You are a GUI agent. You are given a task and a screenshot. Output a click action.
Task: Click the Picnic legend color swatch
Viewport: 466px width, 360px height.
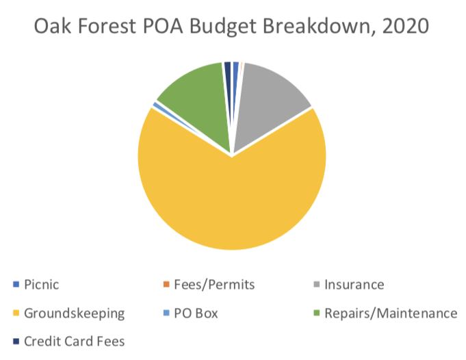tap(16, 285)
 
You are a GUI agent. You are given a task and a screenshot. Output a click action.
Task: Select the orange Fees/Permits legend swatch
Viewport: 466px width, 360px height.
tap(166, 285)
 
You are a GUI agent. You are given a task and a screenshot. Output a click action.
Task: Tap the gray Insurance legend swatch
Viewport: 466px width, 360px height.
tap(317, 285)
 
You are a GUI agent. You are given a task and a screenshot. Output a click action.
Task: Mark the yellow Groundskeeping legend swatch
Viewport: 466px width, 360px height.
tap(16, 313)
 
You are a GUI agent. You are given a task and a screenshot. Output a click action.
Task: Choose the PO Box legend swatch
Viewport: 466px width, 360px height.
tap(166, 313)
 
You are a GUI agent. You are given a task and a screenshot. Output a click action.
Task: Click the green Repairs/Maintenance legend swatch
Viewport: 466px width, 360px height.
tap(317, 313)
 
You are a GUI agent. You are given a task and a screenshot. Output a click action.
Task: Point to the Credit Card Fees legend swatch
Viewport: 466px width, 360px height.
tap(16, 342)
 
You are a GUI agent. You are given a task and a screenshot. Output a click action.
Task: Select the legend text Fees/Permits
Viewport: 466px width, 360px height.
tap(214, 285)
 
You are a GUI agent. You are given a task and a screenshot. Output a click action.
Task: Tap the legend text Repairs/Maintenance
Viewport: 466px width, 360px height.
tap(391, 313)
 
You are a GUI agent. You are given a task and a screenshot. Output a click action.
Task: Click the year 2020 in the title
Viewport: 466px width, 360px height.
tap(406, 26)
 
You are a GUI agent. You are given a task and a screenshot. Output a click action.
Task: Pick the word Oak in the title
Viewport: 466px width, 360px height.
tap(53, 26)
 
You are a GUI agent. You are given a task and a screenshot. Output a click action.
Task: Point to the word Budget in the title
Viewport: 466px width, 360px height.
tap(222, 27)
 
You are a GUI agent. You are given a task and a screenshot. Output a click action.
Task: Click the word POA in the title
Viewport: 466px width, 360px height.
tap(163, 26)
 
